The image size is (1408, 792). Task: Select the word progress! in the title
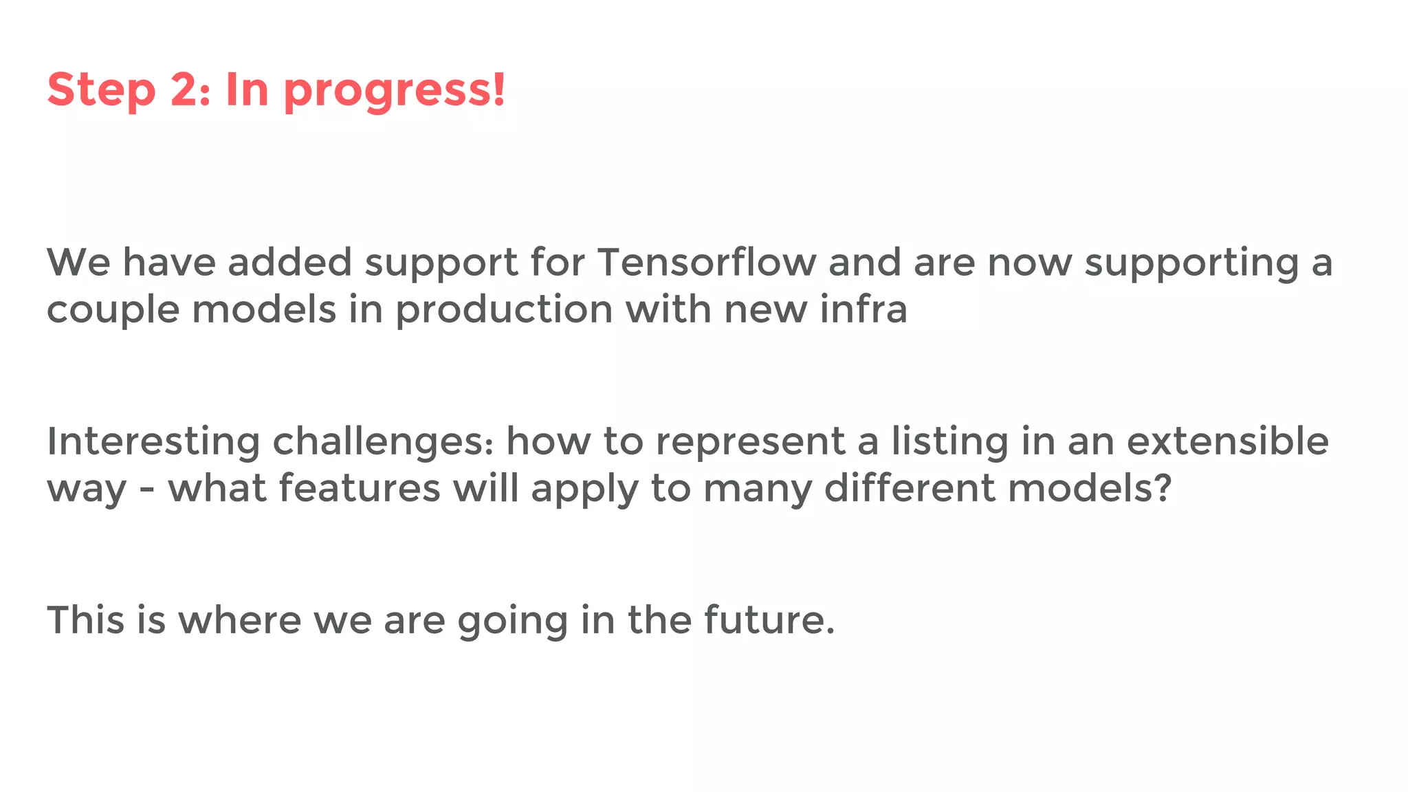(x=395, y=91)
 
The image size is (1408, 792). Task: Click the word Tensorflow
(x=707, y=263)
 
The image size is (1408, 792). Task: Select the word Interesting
(x=153, y=442)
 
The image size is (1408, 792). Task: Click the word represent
(x=750, y=442)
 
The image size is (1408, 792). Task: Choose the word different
(x=910, y=488)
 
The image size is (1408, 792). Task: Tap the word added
(x=289, y=263)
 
